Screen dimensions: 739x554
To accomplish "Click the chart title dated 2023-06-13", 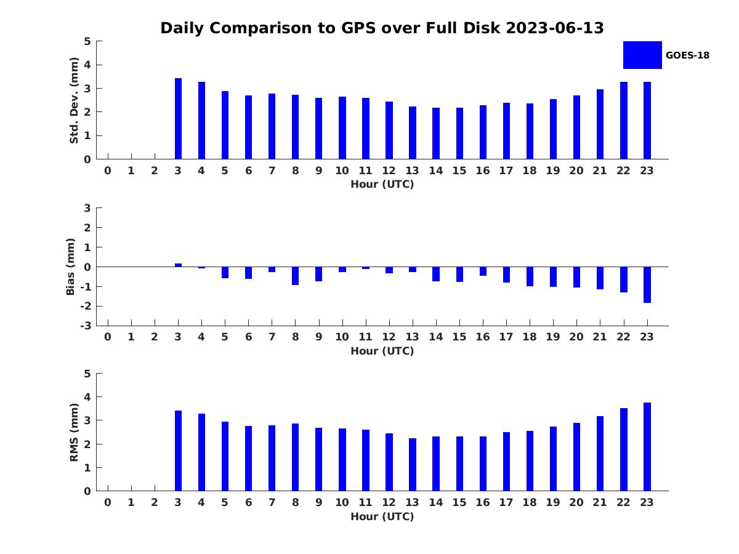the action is click(x=382, y=28).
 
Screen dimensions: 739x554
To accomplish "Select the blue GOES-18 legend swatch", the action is click(x=642, y=55).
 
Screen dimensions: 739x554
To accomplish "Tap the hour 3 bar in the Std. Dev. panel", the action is click(x=178, y=119).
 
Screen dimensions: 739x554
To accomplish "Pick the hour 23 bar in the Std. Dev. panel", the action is click(x=647, y=121).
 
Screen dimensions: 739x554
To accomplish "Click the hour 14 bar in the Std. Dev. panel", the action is click(x=436, y=134).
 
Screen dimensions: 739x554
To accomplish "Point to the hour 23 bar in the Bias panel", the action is click(x=647, y=285).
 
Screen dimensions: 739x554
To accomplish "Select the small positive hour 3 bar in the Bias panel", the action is click(x=178, y=265).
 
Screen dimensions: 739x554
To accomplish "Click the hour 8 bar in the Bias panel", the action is click(x=295, y=276).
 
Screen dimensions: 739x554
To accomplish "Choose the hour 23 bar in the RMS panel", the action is click(x=647, y=447).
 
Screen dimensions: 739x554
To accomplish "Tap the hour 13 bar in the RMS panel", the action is click(x=413, y=465).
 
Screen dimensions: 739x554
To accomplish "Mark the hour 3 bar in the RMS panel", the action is click(x=178, y=451).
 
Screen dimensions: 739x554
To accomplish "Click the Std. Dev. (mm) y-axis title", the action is click(x=74, y=100).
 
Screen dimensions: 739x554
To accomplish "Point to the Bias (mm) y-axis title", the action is click(x=70, y=267).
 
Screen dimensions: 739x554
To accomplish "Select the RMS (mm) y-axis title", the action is click(x=74, y=432).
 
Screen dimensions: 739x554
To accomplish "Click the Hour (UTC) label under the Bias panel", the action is click(x=382, y=351).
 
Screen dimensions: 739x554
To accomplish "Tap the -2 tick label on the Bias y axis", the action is click(x=86, y=306).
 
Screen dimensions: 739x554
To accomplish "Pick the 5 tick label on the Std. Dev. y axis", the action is click(x=87, y=41).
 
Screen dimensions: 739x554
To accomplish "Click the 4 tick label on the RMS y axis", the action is click(x=87, y=397).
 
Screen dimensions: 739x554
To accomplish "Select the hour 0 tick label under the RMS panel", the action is click(x=108, y=502).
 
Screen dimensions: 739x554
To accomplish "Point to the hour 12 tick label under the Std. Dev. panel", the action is click(x=389, y=171).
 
